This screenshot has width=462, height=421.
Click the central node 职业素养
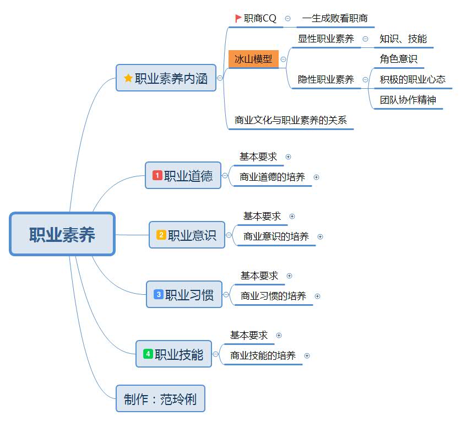[x=62, y=234]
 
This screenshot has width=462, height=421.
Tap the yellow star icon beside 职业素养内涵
[x=128, y=78]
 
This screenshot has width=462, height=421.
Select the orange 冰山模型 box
[x=253, y=59]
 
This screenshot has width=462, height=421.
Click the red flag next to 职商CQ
[x=238, y=18]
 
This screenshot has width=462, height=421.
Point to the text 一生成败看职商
[x=335, y=18]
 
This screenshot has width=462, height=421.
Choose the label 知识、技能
[x=403, y=39]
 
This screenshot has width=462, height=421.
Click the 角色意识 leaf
[x=399, y=58]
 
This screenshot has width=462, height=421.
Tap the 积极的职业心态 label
[x=412, y=79]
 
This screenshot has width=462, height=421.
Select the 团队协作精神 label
[x=408, y=100]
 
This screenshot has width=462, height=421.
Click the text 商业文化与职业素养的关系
[x=291, y=120]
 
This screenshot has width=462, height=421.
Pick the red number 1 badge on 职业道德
[x=157, y=176]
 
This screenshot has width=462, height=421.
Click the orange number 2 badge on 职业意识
[x=161, y=235]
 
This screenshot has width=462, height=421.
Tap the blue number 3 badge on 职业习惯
[x=158, y=295]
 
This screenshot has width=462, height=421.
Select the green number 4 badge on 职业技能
[x=148, y=354]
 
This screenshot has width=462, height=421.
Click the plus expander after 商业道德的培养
[x=317, y=177]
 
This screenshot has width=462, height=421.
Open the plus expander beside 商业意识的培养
[x=320, y=237]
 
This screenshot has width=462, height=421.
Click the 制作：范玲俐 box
[x=160, y=399]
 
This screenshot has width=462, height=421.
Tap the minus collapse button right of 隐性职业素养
[x=366, y=80]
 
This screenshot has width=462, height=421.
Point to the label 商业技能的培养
[x=263, y=355]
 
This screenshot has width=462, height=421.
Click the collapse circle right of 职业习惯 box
[x=226, y=295]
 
